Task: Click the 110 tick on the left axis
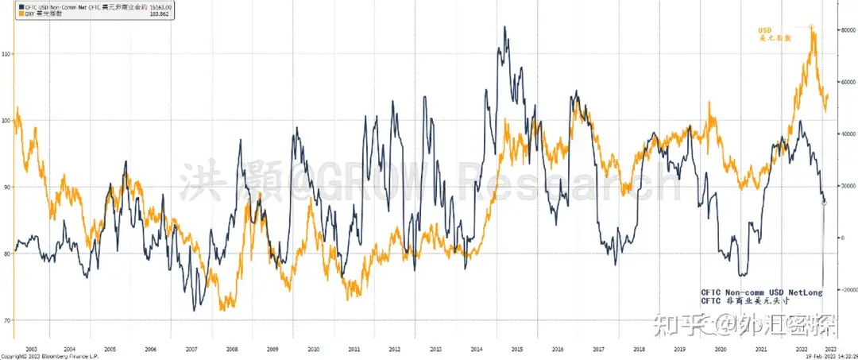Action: pyautogui.click(x=6, y=53)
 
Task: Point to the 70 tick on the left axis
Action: pyautogui.click(x=6, y=320)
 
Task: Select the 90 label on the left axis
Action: pyautogui.click(x=6, y=187)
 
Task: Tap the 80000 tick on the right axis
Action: pyautogui.click(x=848, y=29)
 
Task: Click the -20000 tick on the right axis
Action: pyautogui.click(x=848, y=290)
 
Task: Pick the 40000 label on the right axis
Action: pyautogui.click(x=848, y=134)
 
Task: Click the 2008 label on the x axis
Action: pyautogui.click(x=232, y=350)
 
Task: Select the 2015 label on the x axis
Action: pyautogui.click(x=516, y=350)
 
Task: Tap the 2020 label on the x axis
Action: pyautogui.click(x=721, y=350)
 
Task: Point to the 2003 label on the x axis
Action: pyautogui.click(x=29, y=350)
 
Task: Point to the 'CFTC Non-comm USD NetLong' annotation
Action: pyautogui.click(x=761, y=292)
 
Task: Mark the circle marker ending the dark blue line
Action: pyautogui.click(x=824, y=203)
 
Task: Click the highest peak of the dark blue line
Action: pyautogui.click(x=505, y=27)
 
